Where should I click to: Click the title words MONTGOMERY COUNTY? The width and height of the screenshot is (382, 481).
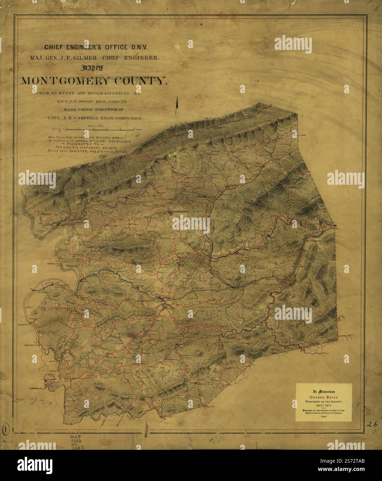pyautogui.click(x=94, y=81)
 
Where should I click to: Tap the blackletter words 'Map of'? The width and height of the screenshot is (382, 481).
pyautogui.click(x=94, y=68)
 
